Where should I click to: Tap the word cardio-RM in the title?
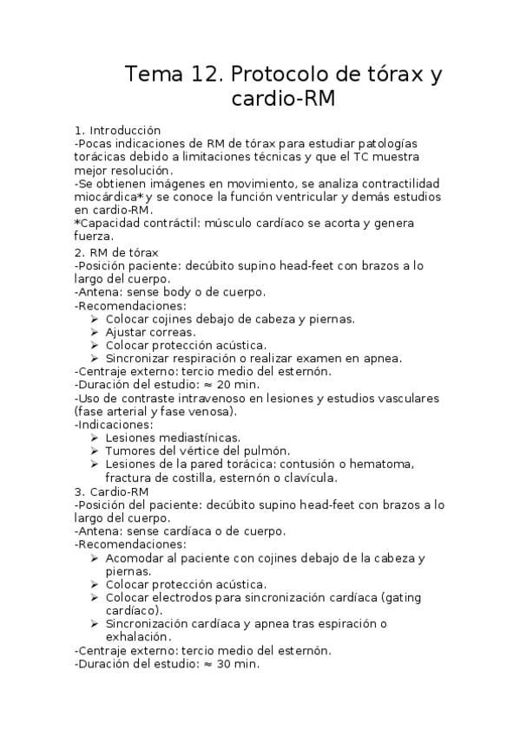(280, 100)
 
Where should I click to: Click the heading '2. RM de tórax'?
(116, 251)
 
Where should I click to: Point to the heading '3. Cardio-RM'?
(114, 491)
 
